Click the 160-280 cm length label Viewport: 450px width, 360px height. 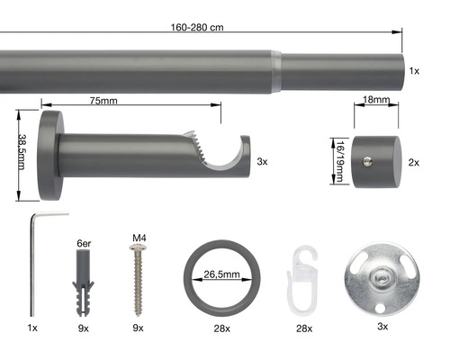197,27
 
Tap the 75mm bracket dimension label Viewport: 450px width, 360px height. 103,101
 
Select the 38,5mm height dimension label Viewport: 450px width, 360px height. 22,152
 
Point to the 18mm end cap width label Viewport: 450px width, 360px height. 376,99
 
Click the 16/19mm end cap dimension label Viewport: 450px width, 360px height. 340,161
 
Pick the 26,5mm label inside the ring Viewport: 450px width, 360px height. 221,274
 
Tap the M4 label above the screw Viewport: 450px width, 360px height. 139,238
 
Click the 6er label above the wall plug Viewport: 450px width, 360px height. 84,243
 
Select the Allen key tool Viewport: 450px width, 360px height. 32,264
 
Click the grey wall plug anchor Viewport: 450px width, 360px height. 83,283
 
